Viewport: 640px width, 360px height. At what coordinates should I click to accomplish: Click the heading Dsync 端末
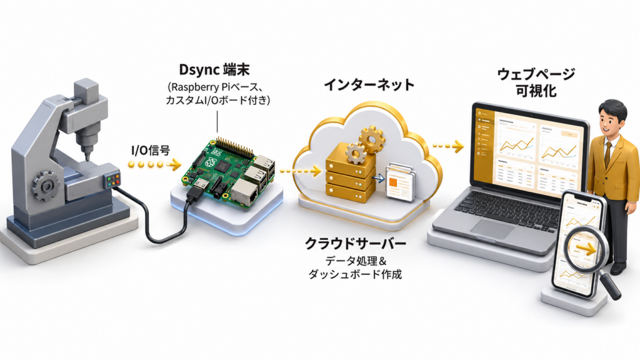[214, 70]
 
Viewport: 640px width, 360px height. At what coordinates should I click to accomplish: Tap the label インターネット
[369, 85]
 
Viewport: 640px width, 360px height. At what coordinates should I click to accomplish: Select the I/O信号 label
[151, 151]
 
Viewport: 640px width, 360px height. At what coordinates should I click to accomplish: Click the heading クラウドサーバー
[356, 244]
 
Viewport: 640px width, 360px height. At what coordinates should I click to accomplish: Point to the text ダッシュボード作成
[355, 274]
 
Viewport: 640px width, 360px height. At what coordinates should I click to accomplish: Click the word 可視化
[536, 91]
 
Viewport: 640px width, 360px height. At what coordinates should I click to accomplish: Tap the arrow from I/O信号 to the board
[154, 165]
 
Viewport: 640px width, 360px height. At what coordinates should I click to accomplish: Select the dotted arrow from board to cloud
[300, 171]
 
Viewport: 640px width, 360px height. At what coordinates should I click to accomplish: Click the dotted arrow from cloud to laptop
[448, 145]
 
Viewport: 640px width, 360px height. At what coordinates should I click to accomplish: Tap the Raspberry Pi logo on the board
[211, 162]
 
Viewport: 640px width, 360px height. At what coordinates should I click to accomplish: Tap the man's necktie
[608, 154]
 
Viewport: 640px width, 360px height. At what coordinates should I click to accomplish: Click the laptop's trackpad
[494, 229]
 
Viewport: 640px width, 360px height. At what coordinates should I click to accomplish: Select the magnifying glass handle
[609, 285]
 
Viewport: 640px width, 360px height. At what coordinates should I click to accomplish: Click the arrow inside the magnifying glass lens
[586, 249]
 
